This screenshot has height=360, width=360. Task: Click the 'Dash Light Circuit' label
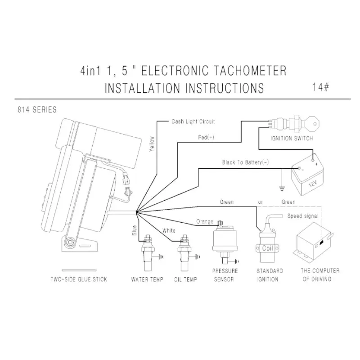coord(193,121)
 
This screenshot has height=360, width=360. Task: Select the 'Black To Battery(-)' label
coord(245,162)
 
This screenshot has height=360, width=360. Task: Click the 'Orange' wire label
coord(204,221)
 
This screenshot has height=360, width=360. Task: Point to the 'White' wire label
coord(169,230)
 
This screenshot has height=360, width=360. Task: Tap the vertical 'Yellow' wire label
coord(152,145)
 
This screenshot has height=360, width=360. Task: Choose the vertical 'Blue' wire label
coord(134,230)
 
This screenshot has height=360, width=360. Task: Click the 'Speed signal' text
coord(303,216)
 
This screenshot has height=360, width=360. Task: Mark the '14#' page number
coord(320,86)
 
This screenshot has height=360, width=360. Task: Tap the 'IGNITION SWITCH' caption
coord(292,139)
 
